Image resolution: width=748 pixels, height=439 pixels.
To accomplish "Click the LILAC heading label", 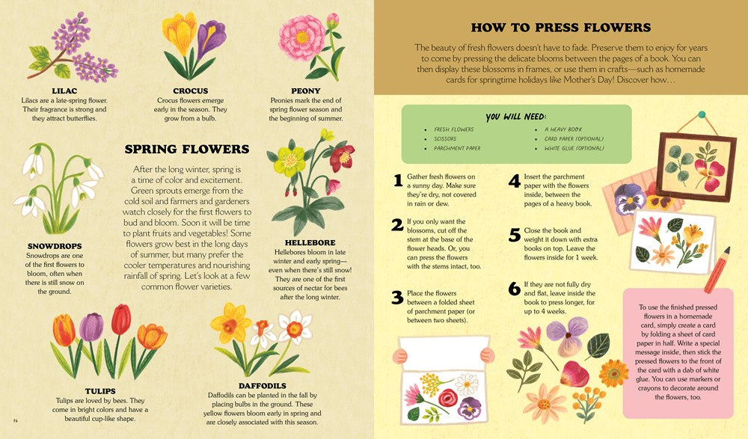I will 64,90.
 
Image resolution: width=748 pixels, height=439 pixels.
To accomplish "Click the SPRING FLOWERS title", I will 187,150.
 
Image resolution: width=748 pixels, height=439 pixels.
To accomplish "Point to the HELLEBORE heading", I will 310,242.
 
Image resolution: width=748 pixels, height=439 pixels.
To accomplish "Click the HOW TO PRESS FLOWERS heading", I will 560,28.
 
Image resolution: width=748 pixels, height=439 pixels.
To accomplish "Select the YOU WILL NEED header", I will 515,117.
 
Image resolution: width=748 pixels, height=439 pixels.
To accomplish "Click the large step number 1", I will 398,180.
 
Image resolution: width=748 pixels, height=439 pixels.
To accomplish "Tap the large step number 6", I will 514,289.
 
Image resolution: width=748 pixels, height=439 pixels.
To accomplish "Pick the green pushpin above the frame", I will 702,116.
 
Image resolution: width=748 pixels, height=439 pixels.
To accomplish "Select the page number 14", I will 16,428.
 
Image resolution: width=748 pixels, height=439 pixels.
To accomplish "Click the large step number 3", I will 398,298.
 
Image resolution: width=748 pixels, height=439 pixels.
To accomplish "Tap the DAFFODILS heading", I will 262,386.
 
